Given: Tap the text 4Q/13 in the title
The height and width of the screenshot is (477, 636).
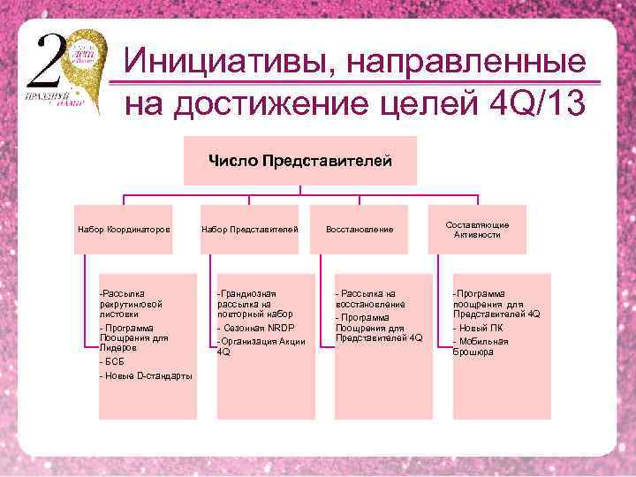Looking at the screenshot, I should (537, 104).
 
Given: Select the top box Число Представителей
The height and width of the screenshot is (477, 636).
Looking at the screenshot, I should (300, 160).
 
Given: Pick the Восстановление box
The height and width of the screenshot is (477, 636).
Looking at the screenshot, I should (360, 230).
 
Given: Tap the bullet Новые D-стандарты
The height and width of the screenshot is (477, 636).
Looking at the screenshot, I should (146, 376).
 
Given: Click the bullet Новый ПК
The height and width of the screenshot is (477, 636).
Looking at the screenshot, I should (477, 328).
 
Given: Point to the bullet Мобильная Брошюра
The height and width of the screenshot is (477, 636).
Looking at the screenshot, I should (481, 346).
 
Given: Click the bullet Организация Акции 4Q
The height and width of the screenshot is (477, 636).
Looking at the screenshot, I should (261, 346).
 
